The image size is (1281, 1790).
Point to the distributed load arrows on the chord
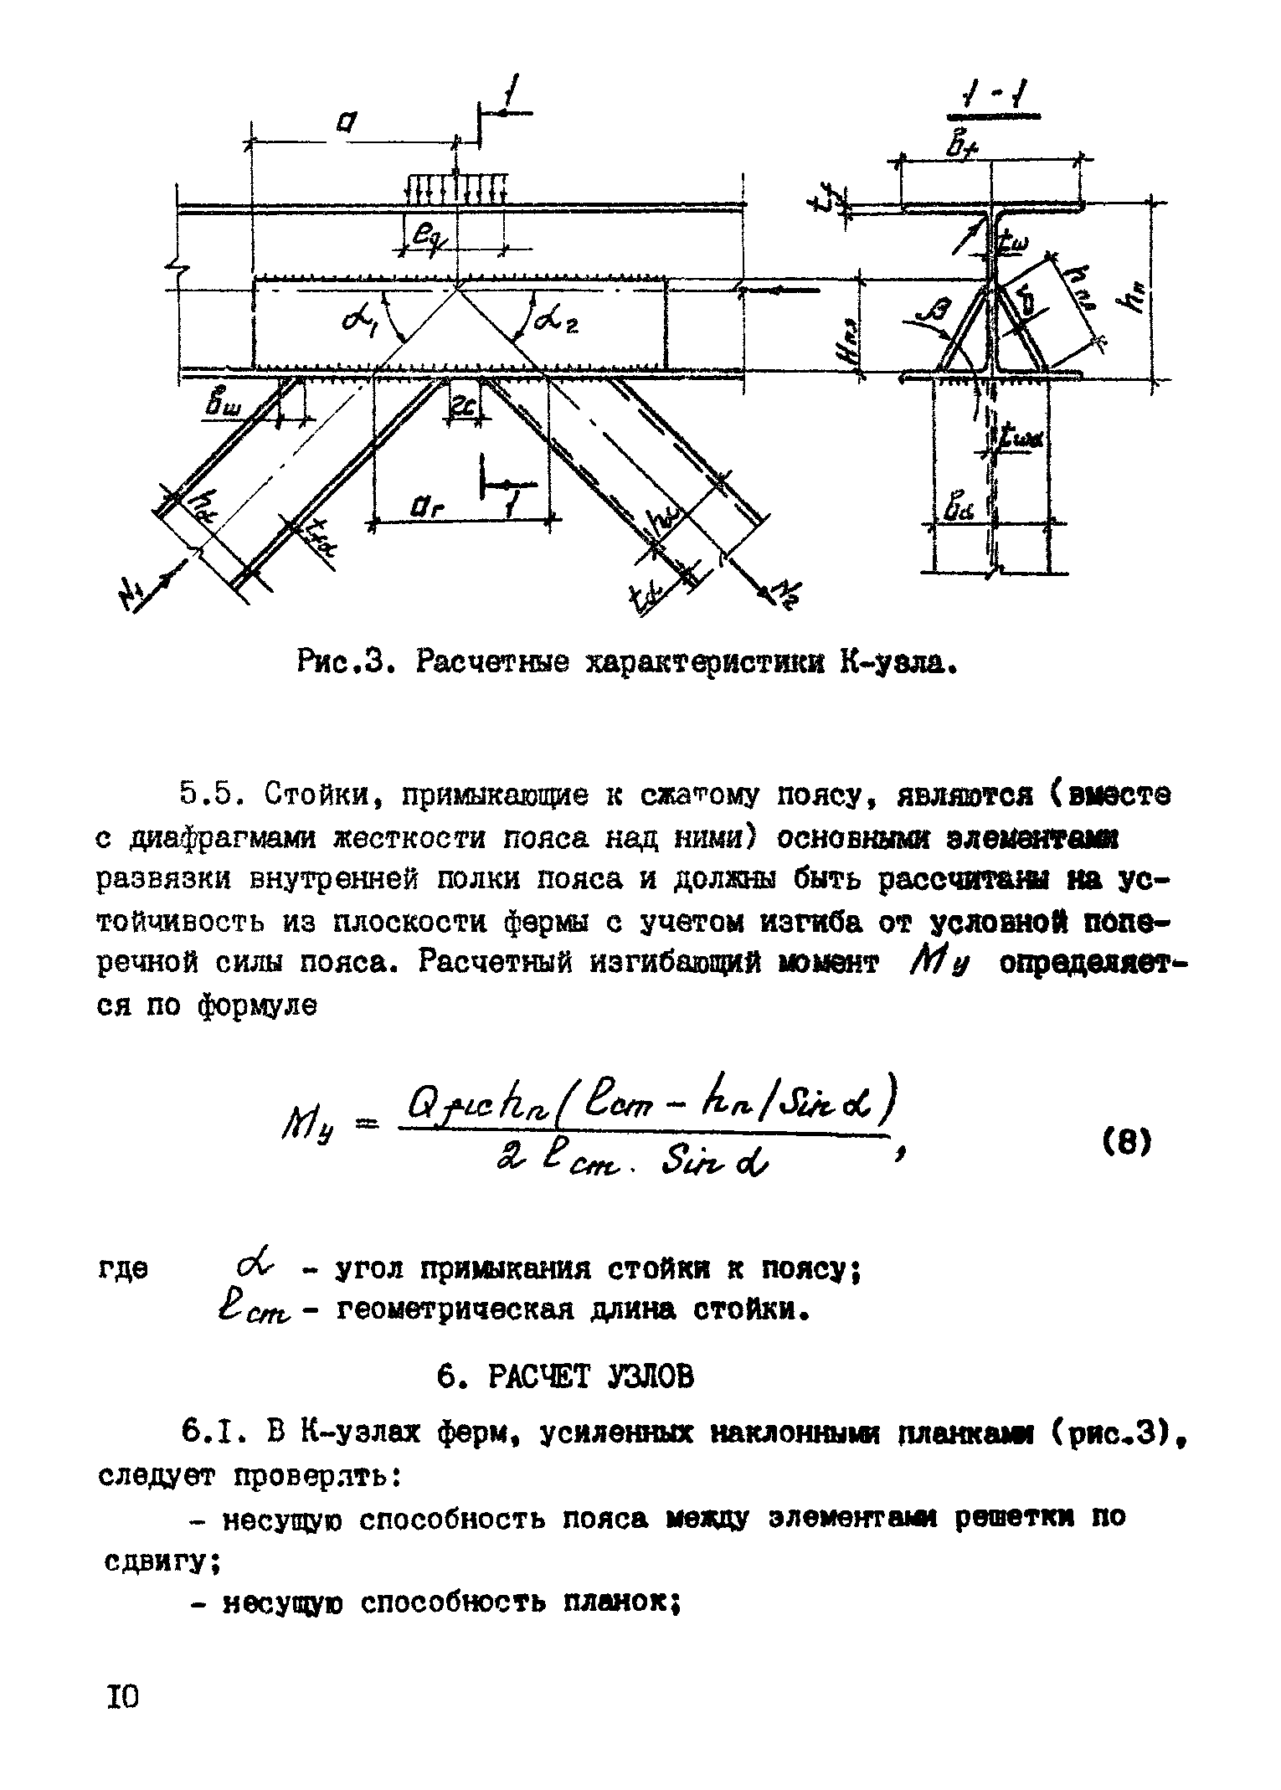point(455,189)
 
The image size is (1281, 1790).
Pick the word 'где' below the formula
point(123,1270)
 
